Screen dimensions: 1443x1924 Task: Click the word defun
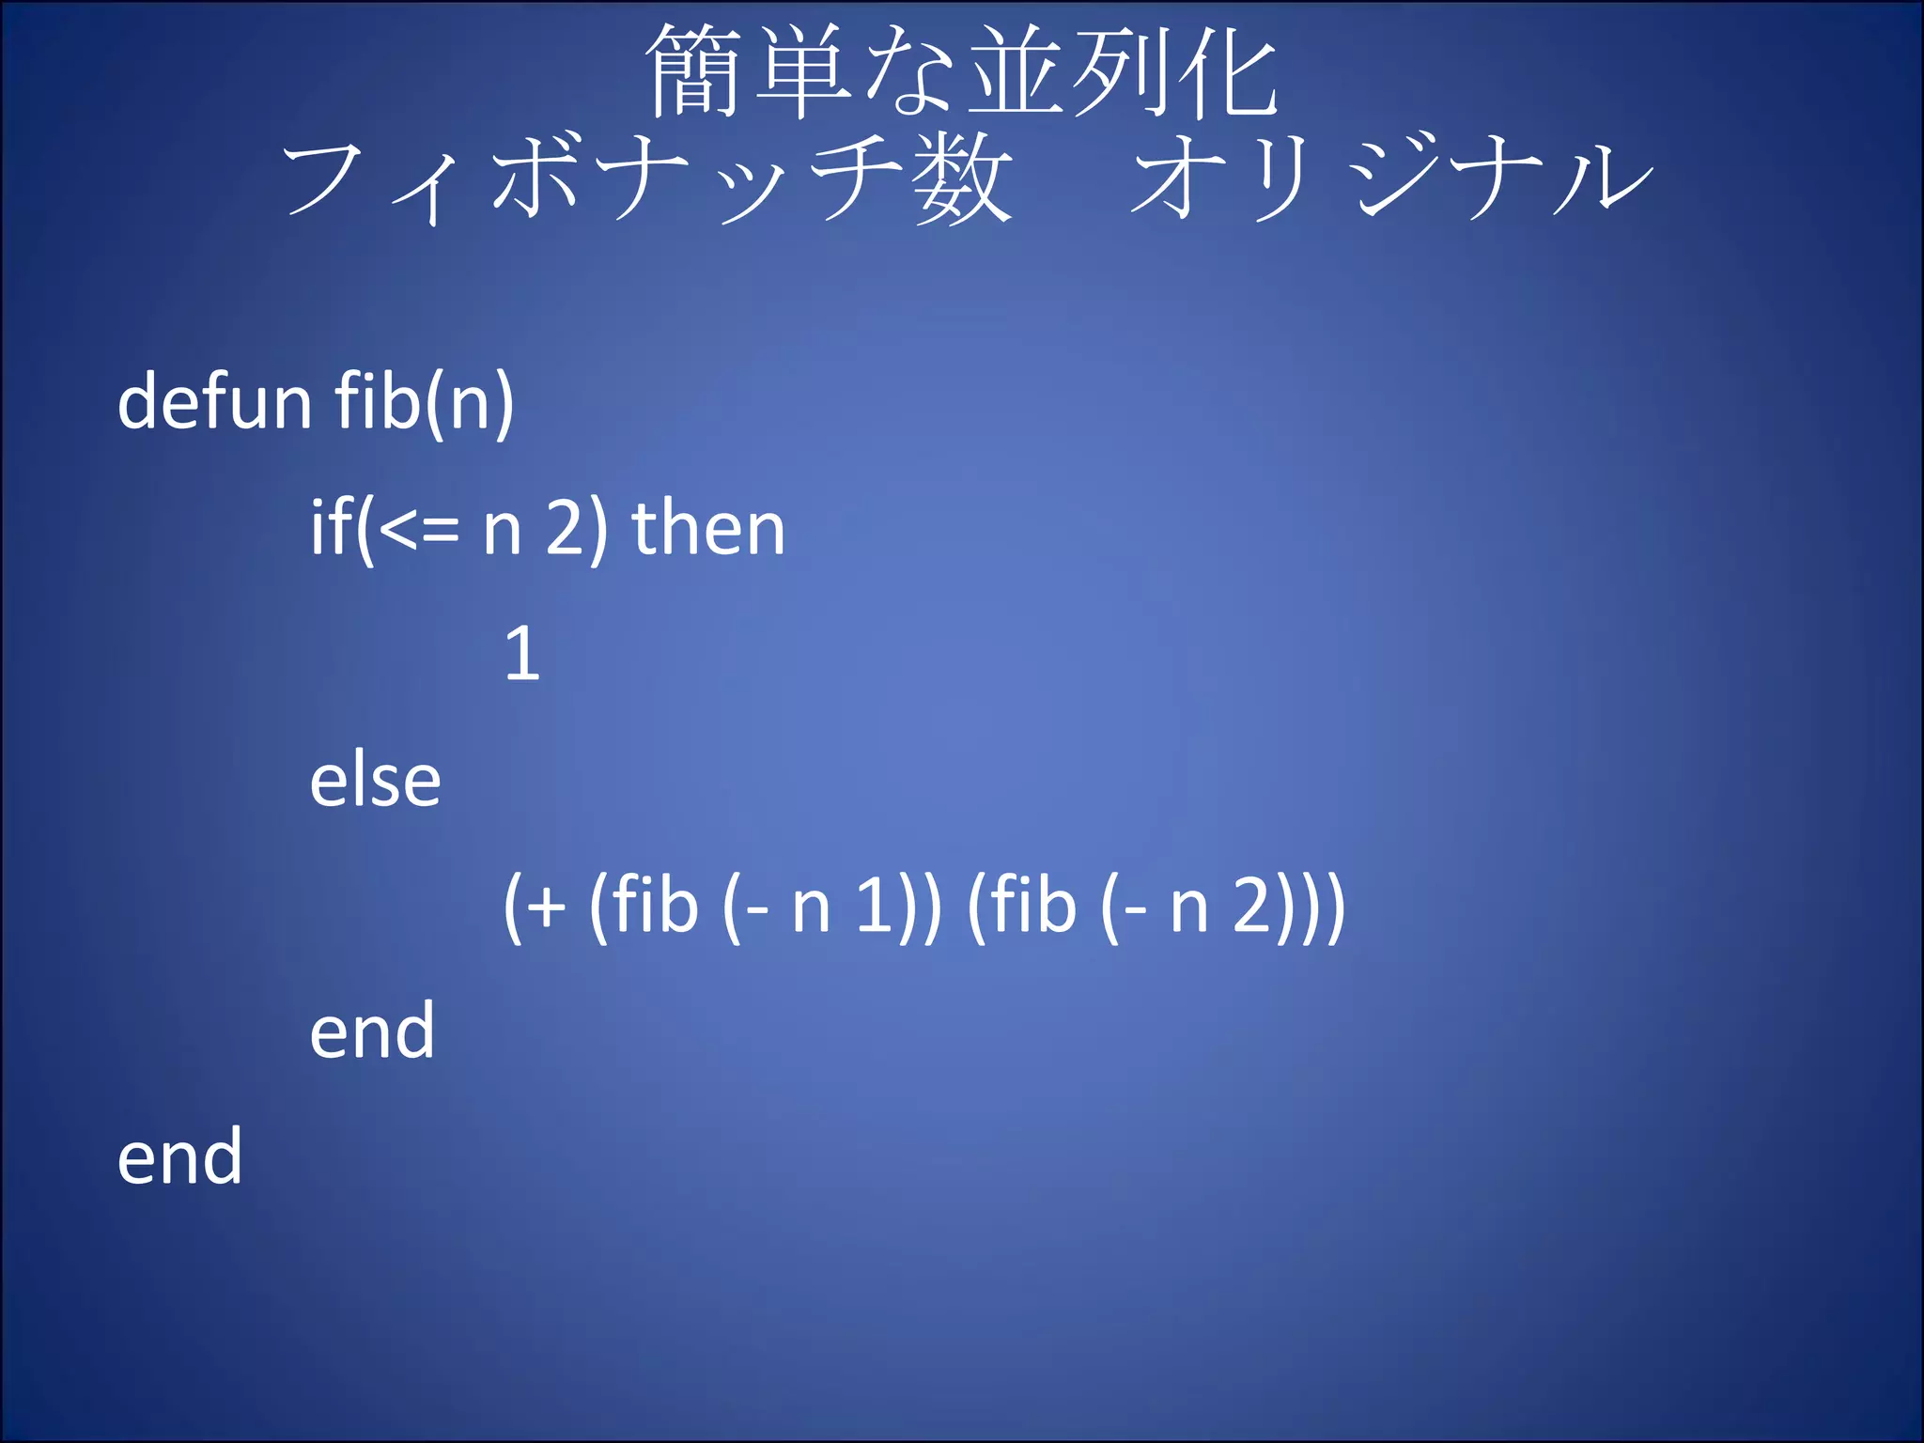click(x=213, y=401)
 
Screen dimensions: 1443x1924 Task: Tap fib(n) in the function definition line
click(x=424, y=401)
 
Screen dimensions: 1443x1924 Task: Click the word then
click(x=708, y=528)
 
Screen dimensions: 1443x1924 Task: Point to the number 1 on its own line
click(x=522, y=654)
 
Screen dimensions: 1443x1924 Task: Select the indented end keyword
click(x=372, y=1032)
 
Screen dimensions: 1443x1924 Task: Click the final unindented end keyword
click(x=179, y=1156)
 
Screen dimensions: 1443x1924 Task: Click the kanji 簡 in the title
click(x=694, y=72)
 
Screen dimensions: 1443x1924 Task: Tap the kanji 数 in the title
click(x=964, y=178)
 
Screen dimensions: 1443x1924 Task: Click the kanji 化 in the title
click(x=1227, y=72)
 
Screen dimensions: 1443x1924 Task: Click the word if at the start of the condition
click(x=332, y=528)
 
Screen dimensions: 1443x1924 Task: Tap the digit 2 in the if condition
click(x=566, y=530)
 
